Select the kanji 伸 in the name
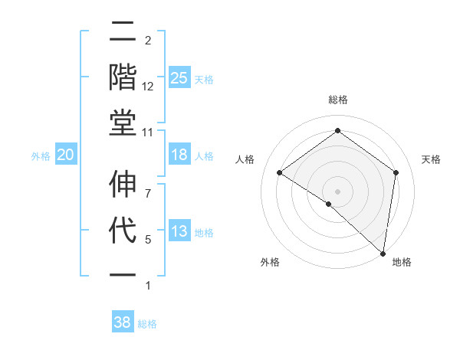pos(123,185)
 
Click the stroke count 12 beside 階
pos(148,87)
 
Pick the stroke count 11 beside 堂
pos(148,133)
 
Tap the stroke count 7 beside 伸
pos(148,185)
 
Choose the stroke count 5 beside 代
pos(148,240)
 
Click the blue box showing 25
pos(179,78)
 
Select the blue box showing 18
pos(179,155)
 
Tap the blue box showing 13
pos(179,231)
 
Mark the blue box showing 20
pos(66,155)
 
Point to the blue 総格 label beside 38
pos(147,324)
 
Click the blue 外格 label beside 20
pos(41,156)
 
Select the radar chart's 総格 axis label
pos(337,100)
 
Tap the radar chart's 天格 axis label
pos(431,159)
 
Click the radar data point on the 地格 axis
pos(383,252)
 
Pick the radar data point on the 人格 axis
pos(280,172)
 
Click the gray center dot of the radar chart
pos(337,190)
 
